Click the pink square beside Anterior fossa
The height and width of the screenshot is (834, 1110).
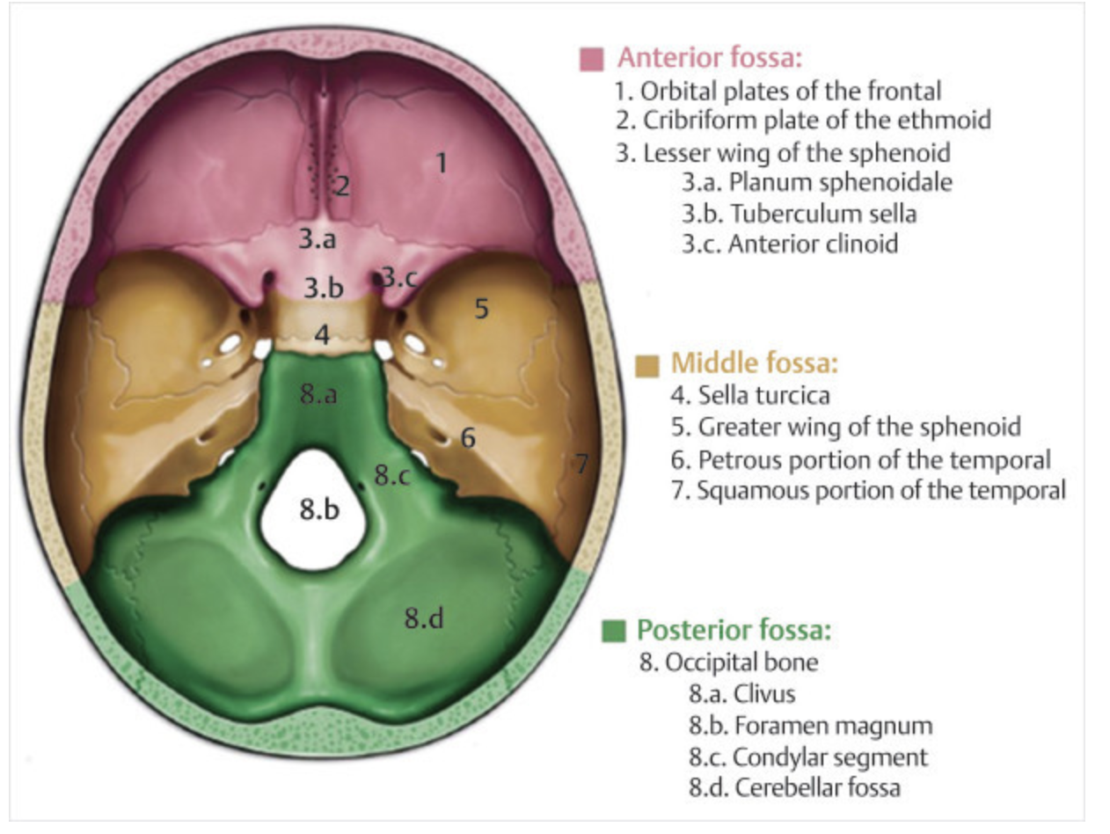[x=592, y=59]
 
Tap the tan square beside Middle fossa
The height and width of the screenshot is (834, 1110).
[x=648, y=363]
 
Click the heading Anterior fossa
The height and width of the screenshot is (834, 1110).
[x=711, y=59]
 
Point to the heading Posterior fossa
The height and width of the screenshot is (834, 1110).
[x=734, y=631]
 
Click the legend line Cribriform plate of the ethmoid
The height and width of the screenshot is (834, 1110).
[x=778, y=121]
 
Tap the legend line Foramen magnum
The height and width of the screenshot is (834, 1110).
[x=810, y=726]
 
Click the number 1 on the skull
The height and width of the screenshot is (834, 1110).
[x=442, y=162]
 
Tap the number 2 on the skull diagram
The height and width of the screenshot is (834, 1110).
[x=341, y=186]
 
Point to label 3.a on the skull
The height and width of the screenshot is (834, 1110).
[x=317, y=238]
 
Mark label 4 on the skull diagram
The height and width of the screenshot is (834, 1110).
[x=322, y=335]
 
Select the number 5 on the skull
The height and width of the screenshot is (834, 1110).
[x=480, y=308]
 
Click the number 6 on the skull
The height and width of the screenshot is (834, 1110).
[x=467, y=436]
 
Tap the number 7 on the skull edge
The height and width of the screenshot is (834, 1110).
[x=581, y=464]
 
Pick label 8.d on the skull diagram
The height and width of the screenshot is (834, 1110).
[x=423, y=618]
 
